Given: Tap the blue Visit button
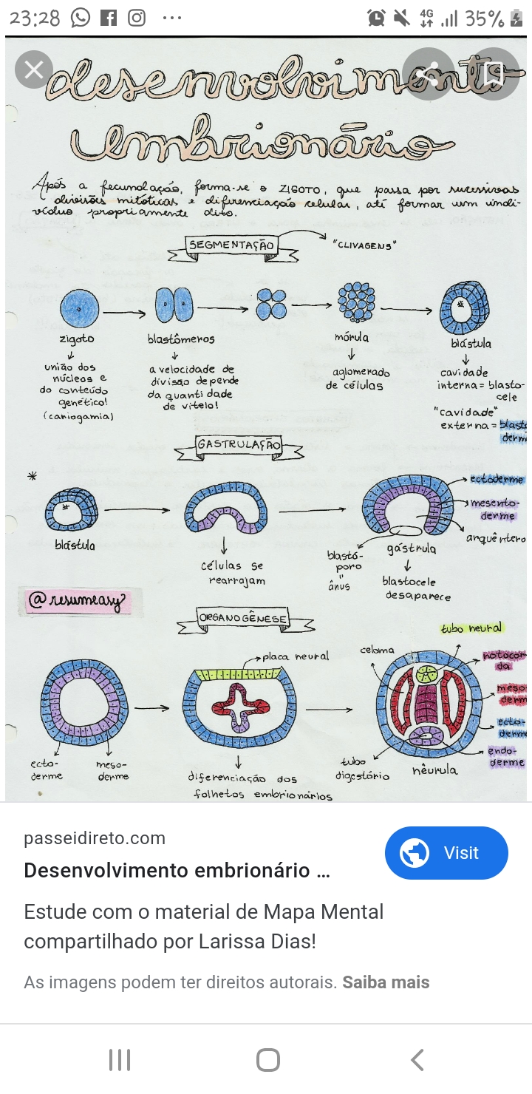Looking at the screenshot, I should (x=446, y=853).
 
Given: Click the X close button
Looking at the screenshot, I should (x=34, y=70).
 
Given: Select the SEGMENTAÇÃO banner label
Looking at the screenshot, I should (x=231, y=245).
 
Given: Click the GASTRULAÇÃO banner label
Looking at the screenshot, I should (x=239, y=445).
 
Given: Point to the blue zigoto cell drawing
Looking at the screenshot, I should (x=78, y=308).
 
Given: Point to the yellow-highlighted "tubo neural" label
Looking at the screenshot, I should (x=471, y=628).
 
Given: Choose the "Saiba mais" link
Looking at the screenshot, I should (x=386, y=982).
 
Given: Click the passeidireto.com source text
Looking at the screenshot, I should (x=95, y=838).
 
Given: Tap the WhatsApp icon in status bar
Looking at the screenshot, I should (x=81, y=18).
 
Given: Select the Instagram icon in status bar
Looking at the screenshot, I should (x=137, y=18).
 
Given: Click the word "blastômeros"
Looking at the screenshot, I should (x=182, y=339).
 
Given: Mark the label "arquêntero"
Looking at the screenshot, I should (x=495, y=538).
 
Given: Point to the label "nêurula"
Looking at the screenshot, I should (x=434, y=769).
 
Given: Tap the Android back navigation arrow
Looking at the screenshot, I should (x=417, y=1060).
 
